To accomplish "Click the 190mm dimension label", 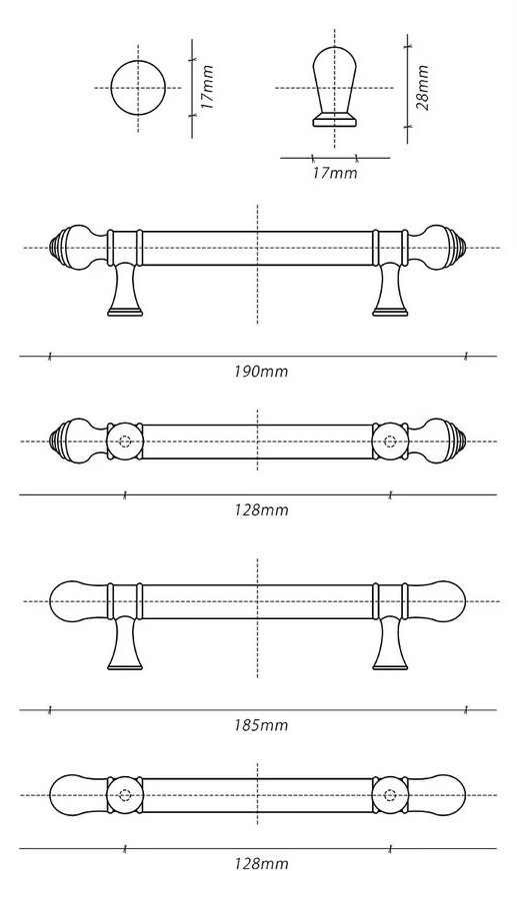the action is pos(261,371).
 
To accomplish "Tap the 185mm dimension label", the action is pos(261,724).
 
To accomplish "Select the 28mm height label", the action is pos(422,88).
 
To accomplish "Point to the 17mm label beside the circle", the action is pos(207,88).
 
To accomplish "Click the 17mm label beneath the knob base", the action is pos(335,172).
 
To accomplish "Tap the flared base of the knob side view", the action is pos(335,120).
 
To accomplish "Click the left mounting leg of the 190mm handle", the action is pos(125,291).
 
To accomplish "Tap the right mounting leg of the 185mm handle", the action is pos(390,644).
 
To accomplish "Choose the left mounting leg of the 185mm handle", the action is pos(125,644).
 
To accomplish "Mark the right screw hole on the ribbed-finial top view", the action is pos(390,442).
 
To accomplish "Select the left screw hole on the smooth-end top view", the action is pos(125,795).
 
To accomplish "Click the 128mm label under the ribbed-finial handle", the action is pos(261,509).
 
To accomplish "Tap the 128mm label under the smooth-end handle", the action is pos(261,863).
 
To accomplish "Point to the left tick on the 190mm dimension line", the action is pos(50,357).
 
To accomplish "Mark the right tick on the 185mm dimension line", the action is pos(466,710).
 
